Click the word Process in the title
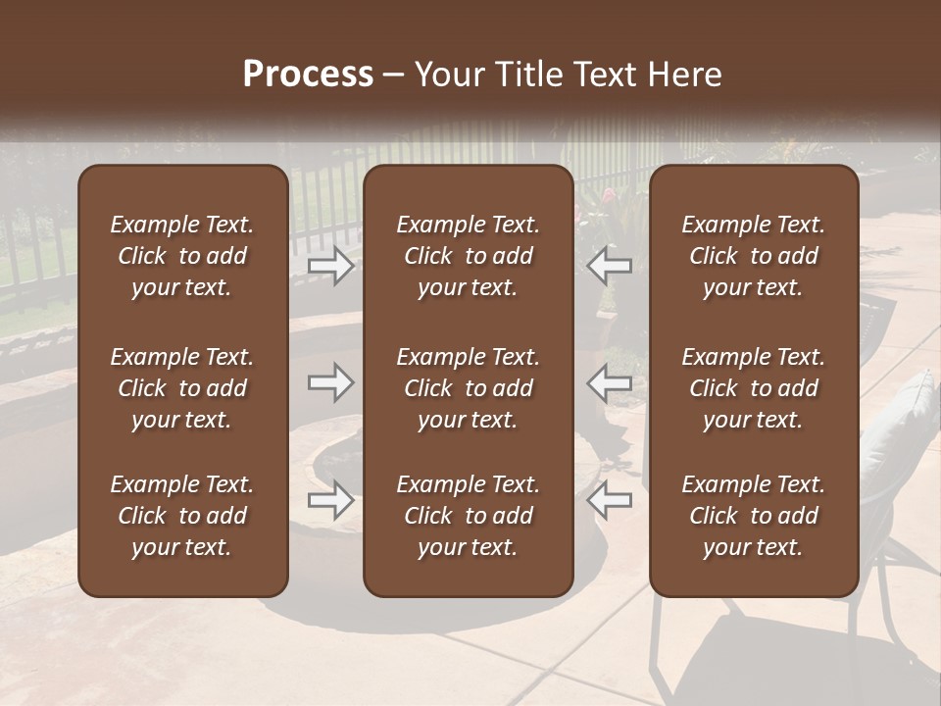point(308,75)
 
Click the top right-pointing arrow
point(330,266)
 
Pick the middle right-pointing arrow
point(330,382)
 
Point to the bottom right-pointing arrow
point(330,500)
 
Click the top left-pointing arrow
point(609,266)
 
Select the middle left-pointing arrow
point(609,382)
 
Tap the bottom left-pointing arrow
point(609,500)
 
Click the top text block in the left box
point(182,256)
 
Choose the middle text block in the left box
point(182,388)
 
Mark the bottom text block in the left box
point(182,516)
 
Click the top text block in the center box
point(469,256)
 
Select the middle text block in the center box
point(469,388)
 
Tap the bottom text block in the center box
point(469,516)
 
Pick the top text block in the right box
point(754,256)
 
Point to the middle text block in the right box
point(754,388)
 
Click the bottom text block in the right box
point(754,516)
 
